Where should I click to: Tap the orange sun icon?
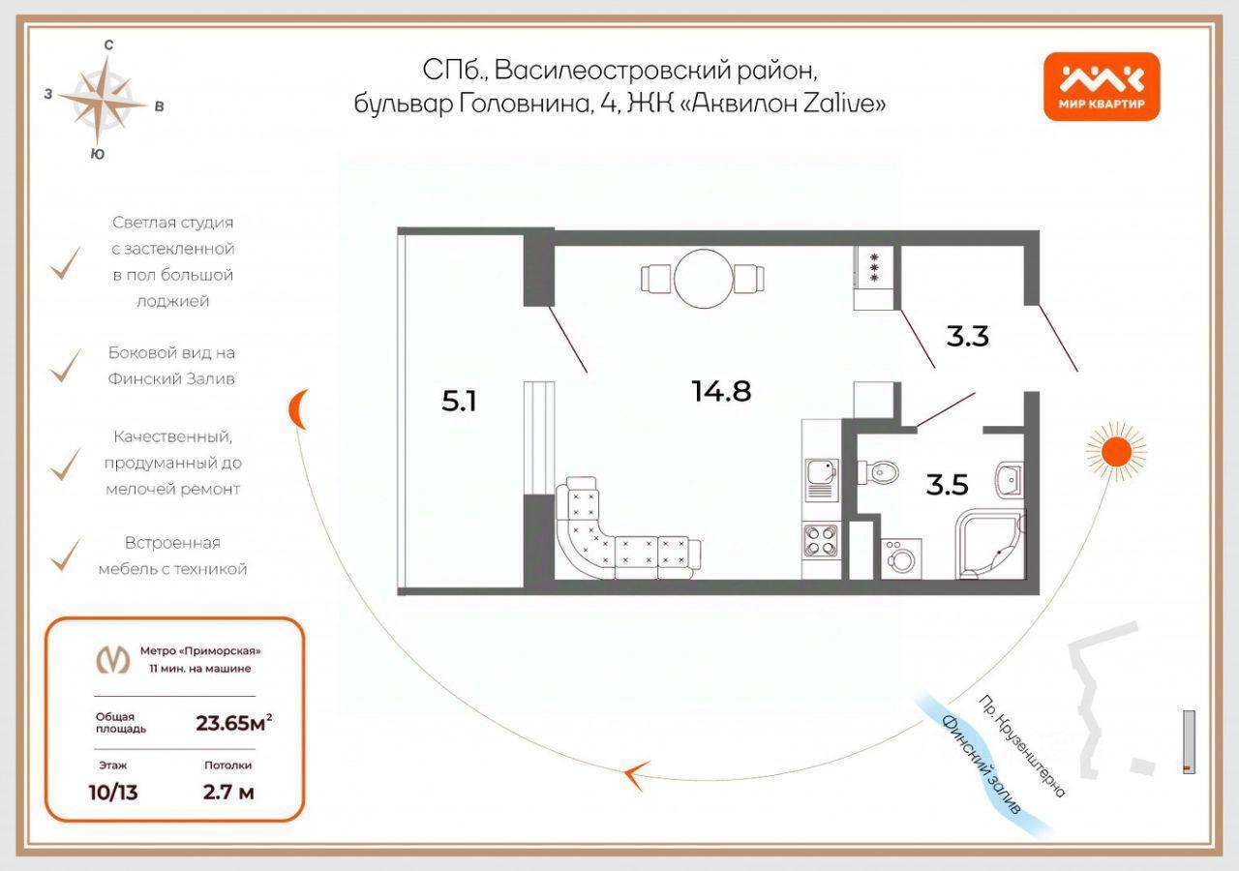[1116, 452]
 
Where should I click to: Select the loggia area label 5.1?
[459, 401]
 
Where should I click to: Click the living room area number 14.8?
[721, 391]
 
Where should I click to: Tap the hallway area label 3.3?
[967, 336]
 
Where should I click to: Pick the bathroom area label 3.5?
[947, 485]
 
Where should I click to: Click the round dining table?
[703, 278]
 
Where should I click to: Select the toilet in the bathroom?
[877, 473]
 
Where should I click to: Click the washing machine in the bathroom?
[901, 558]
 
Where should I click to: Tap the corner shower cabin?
[990, 544]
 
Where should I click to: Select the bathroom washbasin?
[1010, 478]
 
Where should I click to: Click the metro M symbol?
[113, 659]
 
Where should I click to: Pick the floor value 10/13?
[113, 793]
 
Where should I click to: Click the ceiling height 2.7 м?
[227, 792]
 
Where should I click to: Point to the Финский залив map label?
[981, 765]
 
